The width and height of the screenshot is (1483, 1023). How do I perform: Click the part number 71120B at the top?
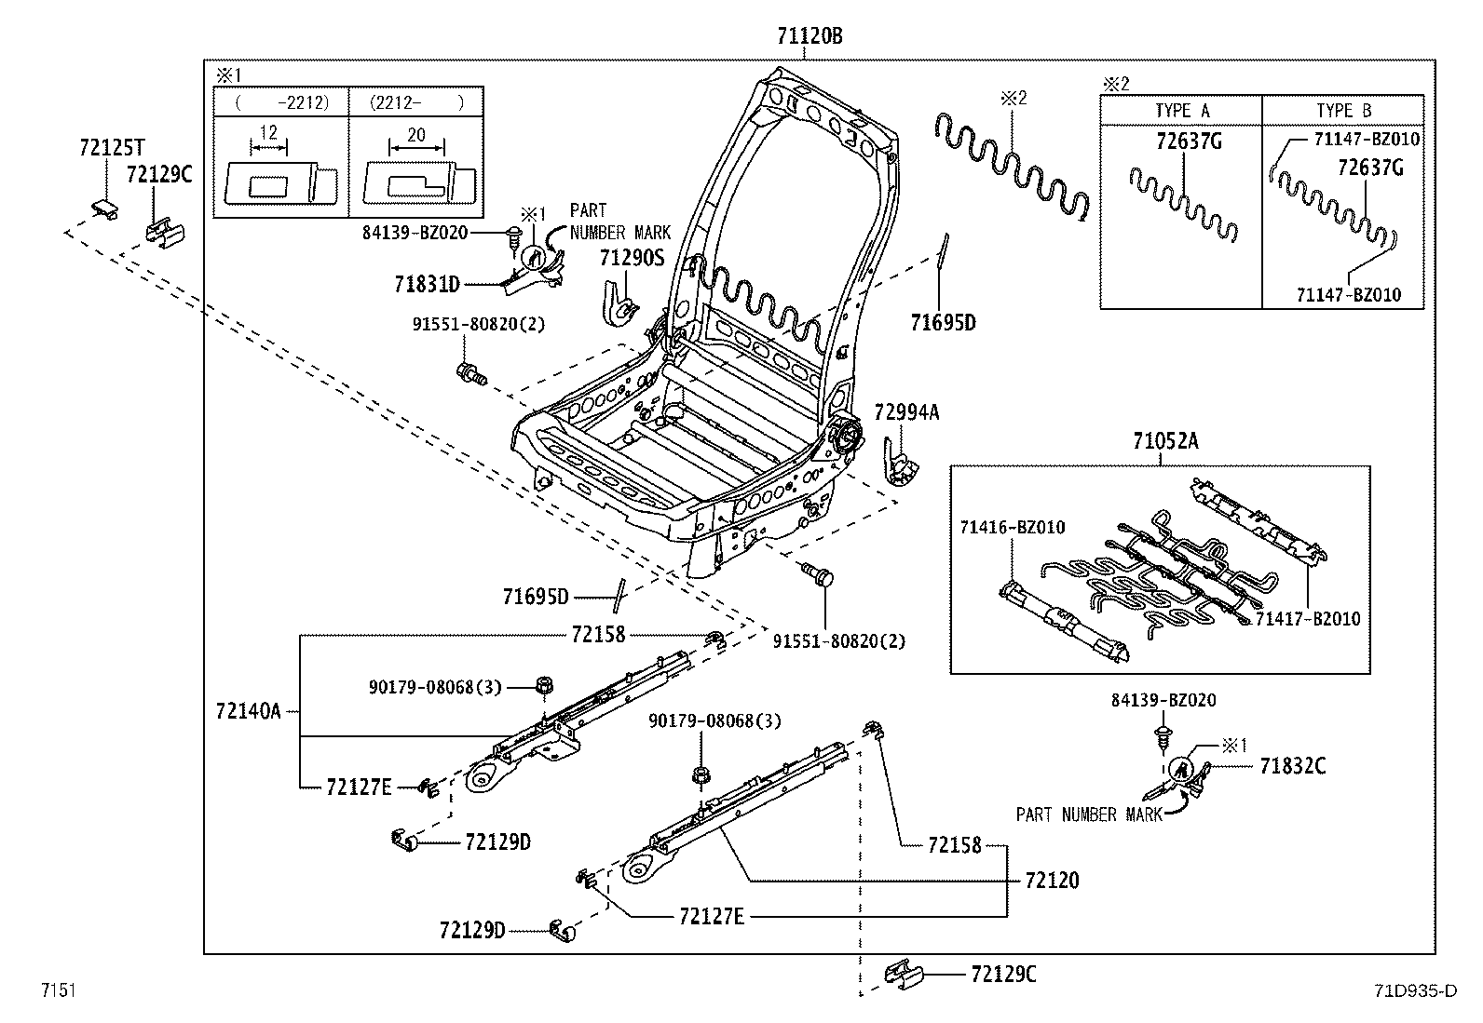(x=810, y=36)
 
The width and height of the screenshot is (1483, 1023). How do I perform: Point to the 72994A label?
(x=906, y=412)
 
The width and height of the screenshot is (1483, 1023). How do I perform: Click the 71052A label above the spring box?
(x=1165, y=441)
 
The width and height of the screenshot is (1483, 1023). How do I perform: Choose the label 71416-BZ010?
(x=1013, y=528)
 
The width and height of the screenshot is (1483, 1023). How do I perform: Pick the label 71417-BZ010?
(x=1307, y=618)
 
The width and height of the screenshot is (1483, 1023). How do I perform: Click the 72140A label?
(x=248, y=711)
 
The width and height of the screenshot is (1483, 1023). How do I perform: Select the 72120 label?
(x=1052, y=881)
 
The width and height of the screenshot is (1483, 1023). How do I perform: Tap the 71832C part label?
(x=1293, y=766)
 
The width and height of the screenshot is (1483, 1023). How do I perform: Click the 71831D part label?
(x=427, y=284)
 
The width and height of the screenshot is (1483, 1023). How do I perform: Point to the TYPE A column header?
(x=1182, y=111)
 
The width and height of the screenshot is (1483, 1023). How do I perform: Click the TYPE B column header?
(x=1343, y=111)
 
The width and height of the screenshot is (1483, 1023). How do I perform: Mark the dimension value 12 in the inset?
(x=268, y=133)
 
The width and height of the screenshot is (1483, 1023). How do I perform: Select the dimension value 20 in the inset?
(x=416, y=135)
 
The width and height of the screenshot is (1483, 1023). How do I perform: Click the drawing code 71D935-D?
(x=1414, y=990)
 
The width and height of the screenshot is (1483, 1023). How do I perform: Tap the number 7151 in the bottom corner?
(x=57, y=990)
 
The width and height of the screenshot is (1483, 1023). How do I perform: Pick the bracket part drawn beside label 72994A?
(x=900, y=468)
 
